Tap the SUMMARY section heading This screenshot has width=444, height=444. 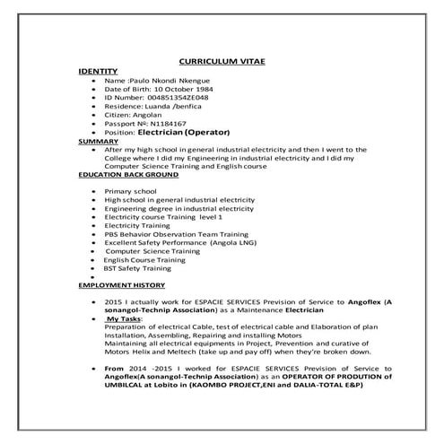[x=99, y=141]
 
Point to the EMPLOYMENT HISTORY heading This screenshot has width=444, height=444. [x=121, y=284]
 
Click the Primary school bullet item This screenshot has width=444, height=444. [x=131, y=192]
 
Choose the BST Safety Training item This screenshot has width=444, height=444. [x=137, y=267]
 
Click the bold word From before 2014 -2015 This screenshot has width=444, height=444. [x=115, y=369]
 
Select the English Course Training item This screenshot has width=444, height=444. [x=144, y=259]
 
